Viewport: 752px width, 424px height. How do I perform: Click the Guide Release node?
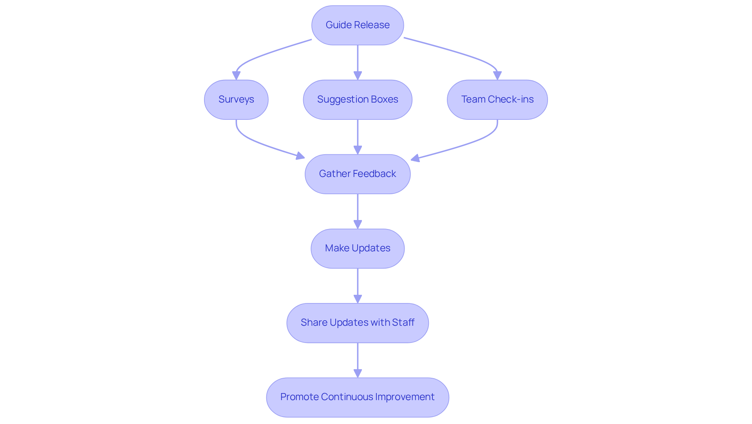(357, 25)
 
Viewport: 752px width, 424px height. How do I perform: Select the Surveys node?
(236, 99)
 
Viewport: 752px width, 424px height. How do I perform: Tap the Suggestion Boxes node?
(357, 99)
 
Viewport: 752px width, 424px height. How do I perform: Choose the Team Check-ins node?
(497, 99)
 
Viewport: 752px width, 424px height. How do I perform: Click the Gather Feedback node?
(357, 174)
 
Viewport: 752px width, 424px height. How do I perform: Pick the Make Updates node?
(357, 248)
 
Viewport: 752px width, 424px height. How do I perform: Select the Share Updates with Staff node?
(357, 323)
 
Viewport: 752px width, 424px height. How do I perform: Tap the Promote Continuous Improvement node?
(357, 397)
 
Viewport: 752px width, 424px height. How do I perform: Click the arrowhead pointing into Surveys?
(236, 76)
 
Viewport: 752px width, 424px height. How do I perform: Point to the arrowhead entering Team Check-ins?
(497, 76)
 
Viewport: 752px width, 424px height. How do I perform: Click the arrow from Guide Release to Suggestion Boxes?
(358, 59)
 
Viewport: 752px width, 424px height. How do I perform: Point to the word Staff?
(403, 323)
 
